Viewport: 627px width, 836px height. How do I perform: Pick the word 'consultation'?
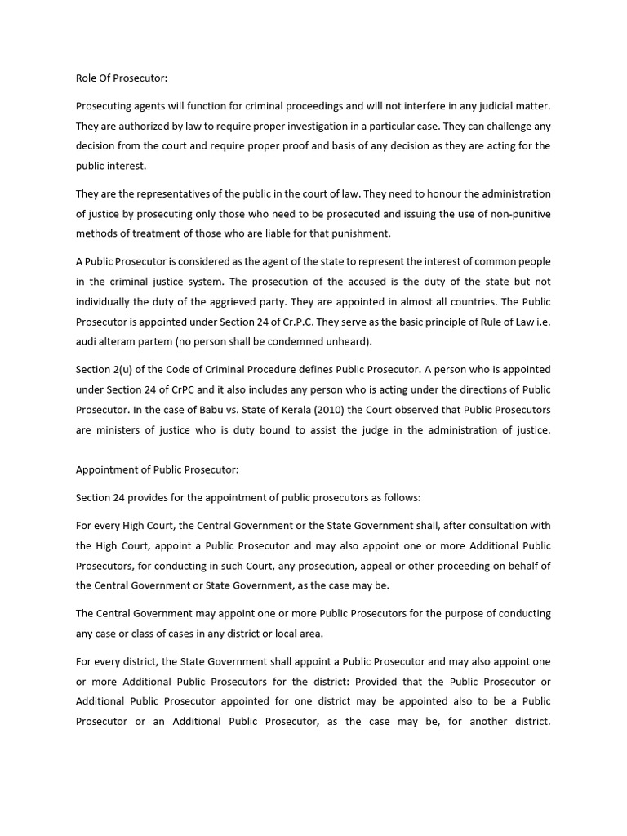pos(496,526)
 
